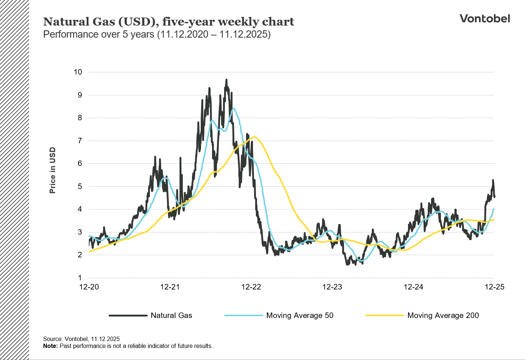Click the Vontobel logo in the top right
pos(484,19)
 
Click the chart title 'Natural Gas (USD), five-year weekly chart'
pos(169,22)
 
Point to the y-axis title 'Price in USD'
pos(53,170)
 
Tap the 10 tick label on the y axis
pos(78,72)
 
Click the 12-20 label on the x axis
pos(89,287)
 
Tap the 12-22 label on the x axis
pos(251,287)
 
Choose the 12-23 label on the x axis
pos(332,287)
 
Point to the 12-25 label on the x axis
pos(494,287)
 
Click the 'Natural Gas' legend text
pos(171,315)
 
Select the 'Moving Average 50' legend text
pos(300,315)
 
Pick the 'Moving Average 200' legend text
pos(443,315)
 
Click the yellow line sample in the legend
pos(385,315)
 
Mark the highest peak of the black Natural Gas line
pos(226,80)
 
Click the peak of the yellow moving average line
pos(254,137)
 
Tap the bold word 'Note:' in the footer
pos(50,346)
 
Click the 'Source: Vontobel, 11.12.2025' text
pos(81,339)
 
